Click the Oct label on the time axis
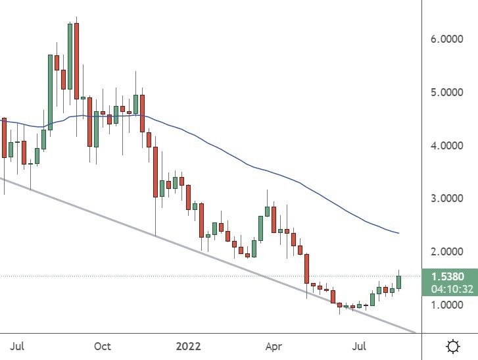pos(102,346)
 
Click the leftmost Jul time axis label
pos(18,346)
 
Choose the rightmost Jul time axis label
pos(360,346)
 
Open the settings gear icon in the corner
pos(452,346)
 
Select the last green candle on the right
pos(398,282)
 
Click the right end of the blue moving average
pos(398,233)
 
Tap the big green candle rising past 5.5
pos(50,92)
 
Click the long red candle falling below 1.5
pos(306,269)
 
